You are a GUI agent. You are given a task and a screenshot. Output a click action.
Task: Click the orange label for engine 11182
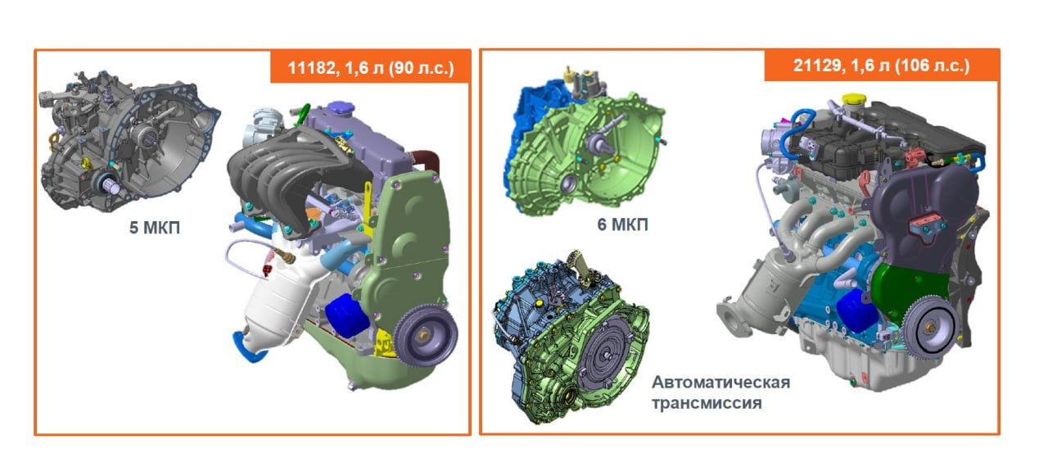coord(370,67)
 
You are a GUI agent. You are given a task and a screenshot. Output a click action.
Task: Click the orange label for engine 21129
coord(882,65)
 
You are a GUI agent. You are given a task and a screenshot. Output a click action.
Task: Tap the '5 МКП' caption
coord(155,228)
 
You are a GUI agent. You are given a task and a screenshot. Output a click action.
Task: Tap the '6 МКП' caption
coord(623,224)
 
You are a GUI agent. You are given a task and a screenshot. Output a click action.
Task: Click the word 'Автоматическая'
coord(721,382)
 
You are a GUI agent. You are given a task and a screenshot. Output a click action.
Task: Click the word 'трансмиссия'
coord(707,403)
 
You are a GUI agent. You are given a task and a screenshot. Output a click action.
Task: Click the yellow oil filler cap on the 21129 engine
coord(854,99)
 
